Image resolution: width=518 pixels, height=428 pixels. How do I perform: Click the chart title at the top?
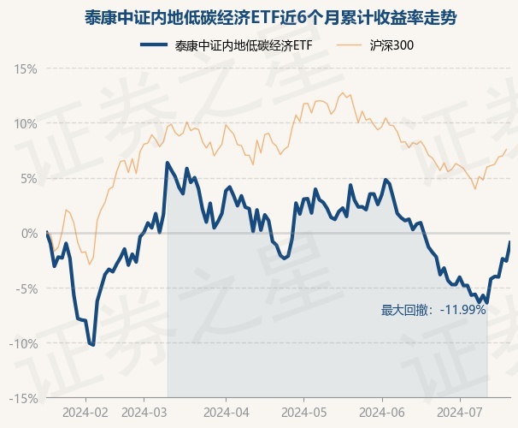tap(259, 16)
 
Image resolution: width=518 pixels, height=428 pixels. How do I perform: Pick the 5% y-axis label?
tap(29, 178)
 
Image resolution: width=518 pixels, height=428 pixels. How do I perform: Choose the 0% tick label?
tap(29, 233)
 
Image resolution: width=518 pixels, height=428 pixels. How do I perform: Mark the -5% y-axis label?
tap(27, 288)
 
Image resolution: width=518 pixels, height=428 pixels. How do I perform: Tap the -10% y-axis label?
tap(25, 343)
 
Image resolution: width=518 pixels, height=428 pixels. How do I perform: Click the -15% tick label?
tap(25, 398)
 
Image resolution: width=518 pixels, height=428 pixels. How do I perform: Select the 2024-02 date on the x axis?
tap(86, 412)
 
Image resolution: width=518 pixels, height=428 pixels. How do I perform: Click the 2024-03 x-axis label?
tap(144, 412)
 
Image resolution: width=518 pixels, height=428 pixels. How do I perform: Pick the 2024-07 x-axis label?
tap(460, 412)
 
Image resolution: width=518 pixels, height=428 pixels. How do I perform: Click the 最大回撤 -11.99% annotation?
tap(433, 310)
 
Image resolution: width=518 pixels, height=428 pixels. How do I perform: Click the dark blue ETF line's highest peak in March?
tap(168, 163)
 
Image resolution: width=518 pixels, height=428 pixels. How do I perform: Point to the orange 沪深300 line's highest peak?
tap(342, 93)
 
